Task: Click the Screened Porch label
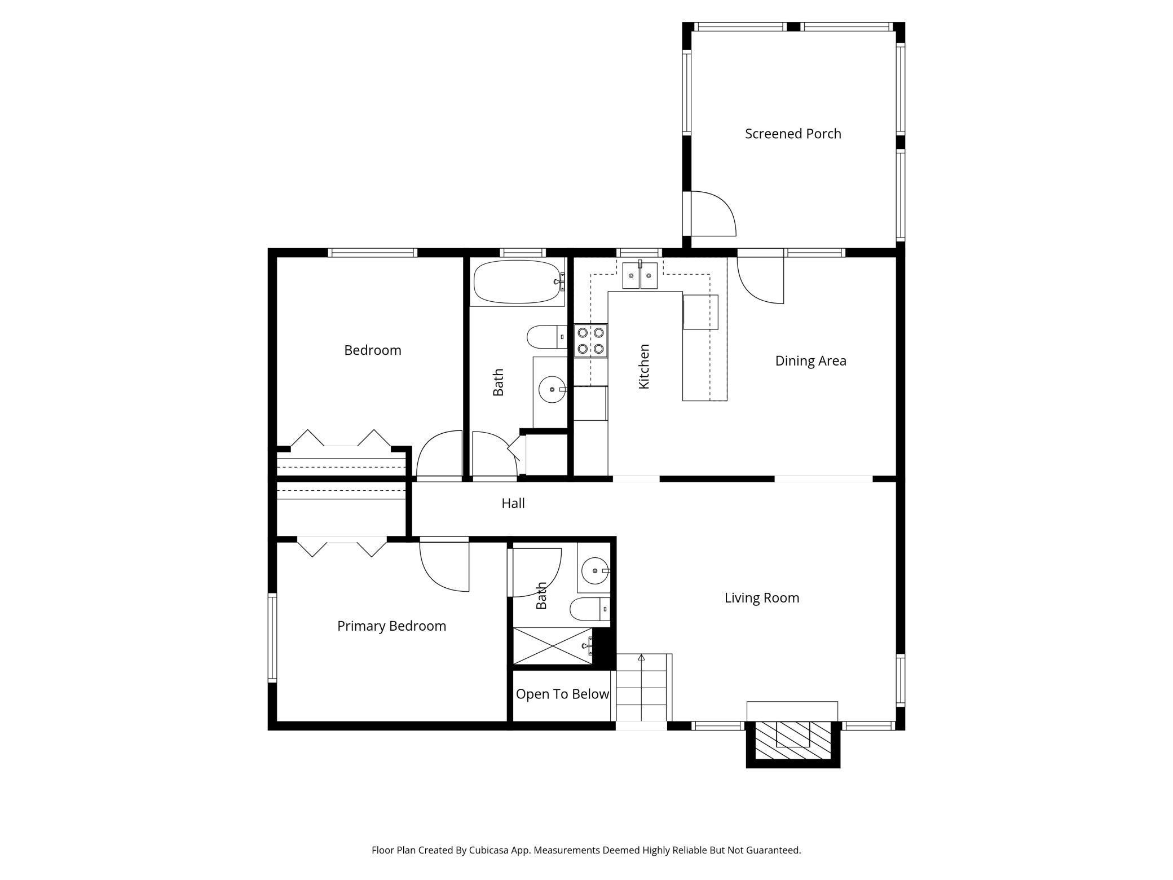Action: pos(793,134)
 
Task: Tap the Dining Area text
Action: pos(810,361)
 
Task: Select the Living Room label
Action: pos(762,598)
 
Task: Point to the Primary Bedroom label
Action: pos(391,626)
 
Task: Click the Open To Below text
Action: pos(562,694)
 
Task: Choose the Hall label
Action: pos(513,503)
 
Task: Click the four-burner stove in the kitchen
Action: pos(590,341)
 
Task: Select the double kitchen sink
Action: pos(640,276)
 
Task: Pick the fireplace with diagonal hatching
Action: pos(793,740)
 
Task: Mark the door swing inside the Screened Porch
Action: pos(714,214)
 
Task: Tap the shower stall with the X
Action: pos(553,646)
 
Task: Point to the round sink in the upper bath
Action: pos(552,389)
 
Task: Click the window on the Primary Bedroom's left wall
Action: pos(272,637)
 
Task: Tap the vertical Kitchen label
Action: pos(644,367)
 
